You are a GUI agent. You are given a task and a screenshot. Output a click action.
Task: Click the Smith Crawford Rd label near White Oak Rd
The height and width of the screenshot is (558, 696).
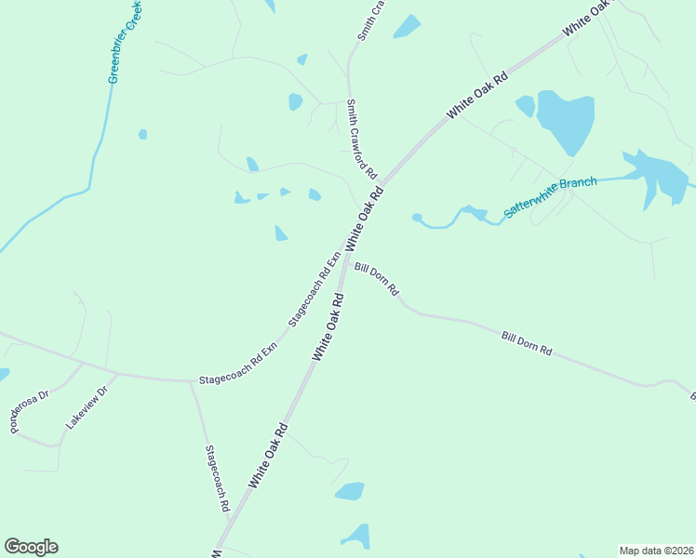click(361, 139)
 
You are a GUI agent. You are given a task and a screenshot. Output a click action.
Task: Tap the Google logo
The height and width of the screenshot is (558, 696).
click(31, 547)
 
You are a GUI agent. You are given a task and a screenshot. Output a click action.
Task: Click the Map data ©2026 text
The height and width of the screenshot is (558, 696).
click(655, 551)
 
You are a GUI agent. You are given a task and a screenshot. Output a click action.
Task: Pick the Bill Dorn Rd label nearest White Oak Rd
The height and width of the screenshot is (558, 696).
click(377, 278)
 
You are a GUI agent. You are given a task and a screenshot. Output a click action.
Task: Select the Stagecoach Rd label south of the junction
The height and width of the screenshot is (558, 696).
click(217, 479)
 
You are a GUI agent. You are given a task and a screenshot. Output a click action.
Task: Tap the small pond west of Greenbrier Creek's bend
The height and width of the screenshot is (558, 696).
click(142, 134)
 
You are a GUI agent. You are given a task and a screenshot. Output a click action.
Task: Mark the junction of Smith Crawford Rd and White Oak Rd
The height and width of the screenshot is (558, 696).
click(380, 182)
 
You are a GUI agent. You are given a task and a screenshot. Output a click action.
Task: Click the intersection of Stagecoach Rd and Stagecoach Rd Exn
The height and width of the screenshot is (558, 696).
click(190, 380)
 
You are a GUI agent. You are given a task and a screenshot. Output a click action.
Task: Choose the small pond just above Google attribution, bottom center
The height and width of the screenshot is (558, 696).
click(350, 490)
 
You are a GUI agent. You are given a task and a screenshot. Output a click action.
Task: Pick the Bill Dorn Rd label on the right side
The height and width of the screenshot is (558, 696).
click(527, 343)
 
